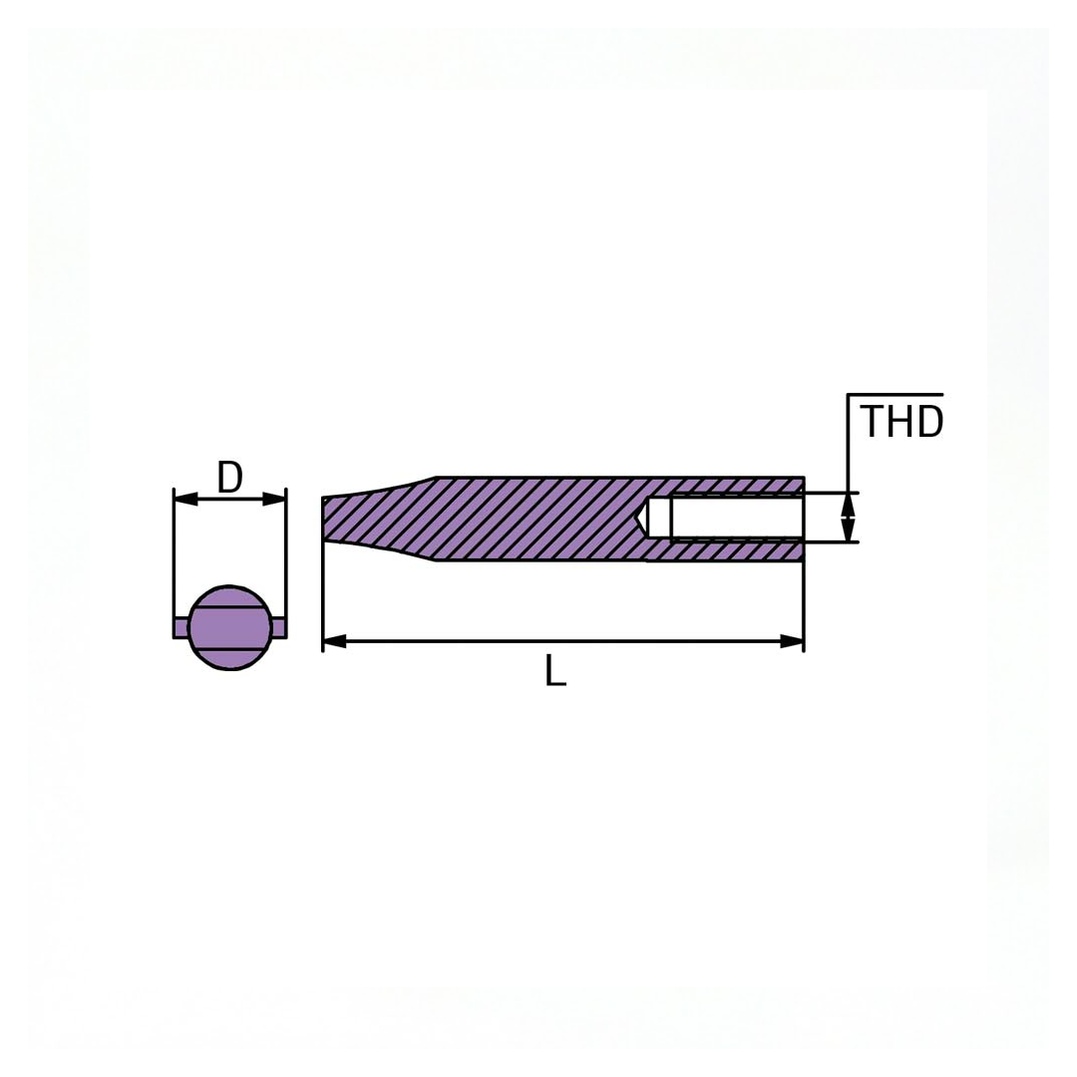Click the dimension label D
(x=229, y=478)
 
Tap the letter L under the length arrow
(x=555, y=671)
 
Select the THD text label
(x=900, y=423)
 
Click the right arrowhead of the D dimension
(x=274, y=499)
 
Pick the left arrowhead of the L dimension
(x=335, y=641)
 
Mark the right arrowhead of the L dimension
(x=792, y=641)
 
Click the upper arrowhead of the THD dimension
(x=848, y=504)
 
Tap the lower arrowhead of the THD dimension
(x=848, y=531)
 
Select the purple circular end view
(x=229, y=628)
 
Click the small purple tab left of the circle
(x=180, y=627)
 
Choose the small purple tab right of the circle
(x=279, y=627)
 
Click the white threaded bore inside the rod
(x=737, y=518)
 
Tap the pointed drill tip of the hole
(x=640, y=518)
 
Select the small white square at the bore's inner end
(x=659, y=518)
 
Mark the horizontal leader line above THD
(x=895, y=395)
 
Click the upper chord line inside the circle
(x=229, y=606)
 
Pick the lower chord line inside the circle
(x=229, y=649)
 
